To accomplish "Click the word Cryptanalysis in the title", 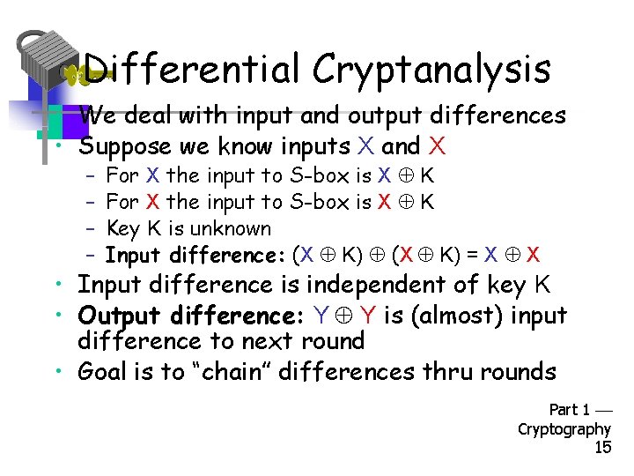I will [x=431, y=70].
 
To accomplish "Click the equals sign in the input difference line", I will [x=472, y=256].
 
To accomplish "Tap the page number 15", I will [x=602, y=447].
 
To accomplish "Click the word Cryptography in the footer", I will [x=564, y=428].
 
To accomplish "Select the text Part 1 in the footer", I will [x=569, y=410].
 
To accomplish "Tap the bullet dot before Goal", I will [x=56, y=371].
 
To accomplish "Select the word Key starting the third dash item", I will [x=121, y=228].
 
